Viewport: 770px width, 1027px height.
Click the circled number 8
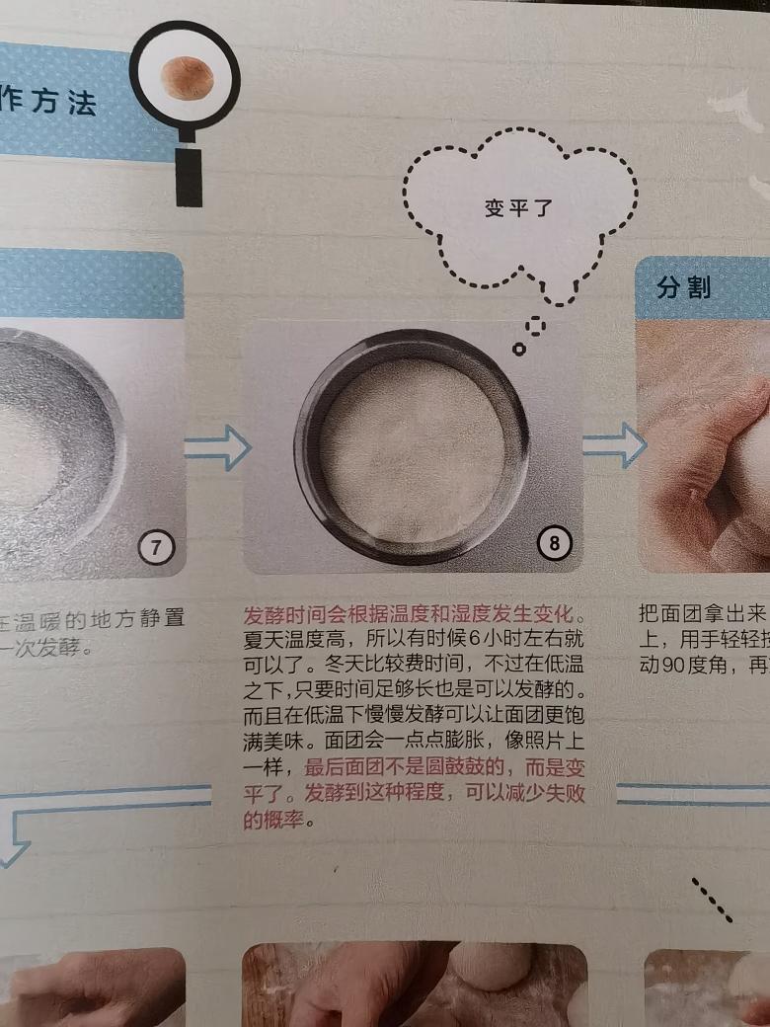[x=554, y=543]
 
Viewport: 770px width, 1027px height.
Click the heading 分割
[x=683, y=288]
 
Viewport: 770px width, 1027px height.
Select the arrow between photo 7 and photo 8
[x=217, y=448]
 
